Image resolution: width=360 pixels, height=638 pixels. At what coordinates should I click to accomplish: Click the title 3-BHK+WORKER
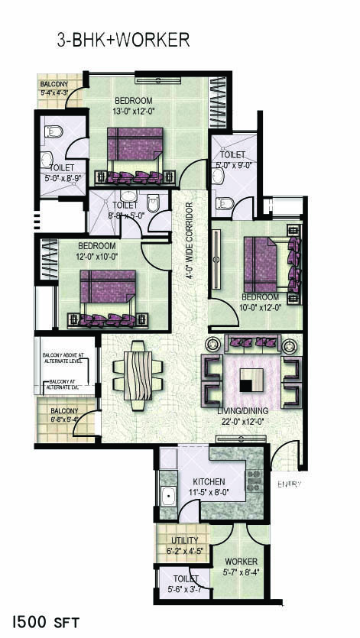click(x=123, y=40)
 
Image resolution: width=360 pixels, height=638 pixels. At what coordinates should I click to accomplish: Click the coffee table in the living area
click(x=251, y=380)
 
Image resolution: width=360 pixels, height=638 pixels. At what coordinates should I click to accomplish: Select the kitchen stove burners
click(x=253, y=481)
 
